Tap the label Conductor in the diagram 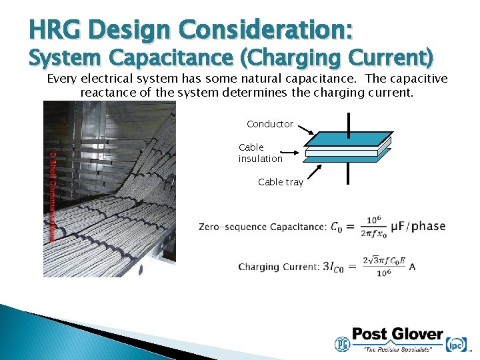point(269,124)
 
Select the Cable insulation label point(260,153)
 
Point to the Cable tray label point(280,182)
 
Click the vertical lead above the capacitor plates point(348,123)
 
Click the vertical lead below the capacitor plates point(348,172)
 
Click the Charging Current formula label point(278,267)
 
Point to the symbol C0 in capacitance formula point(339,227)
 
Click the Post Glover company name point(397,334)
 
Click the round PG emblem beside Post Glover point(341,343)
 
